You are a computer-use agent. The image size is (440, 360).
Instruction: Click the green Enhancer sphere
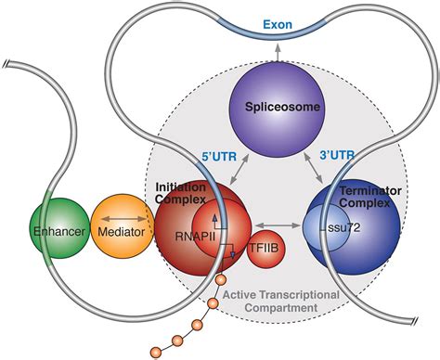click(x=58, y=227)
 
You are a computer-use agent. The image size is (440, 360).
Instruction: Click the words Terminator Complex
click(x=369, y=194)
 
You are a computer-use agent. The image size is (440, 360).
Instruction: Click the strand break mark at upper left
click(x=10, y=65)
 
